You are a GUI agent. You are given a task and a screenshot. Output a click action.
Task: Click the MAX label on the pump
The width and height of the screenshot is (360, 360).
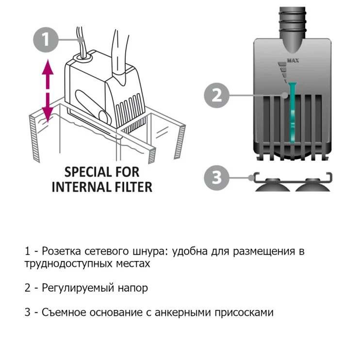click(x=292, y=61)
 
